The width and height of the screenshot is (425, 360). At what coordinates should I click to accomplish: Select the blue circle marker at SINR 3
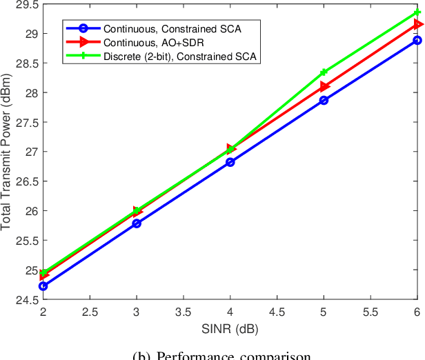click(x=137, y=223)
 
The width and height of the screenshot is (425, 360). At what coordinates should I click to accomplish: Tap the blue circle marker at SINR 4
click(x=230, y=162)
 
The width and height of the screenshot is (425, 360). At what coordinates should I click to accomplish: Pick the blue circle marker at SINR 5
click(x=324, y=100)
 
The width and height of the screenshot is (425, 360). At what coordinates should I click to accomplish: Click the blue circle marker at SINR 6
click(x=417, y=40)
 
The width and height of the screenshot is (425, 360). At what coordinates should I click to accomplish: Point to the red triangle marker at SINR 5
click(x=324, y=86)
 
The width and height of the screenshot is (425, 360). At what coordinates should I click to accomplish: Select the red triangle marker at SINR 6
click(x=417, y=24)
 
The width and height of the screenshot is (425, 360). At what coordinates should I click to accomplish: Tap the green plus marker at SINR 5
click(x=324, y=72)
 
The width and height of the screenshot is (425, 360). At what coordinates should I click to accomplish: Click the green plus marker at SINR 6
click(x=417, y=12)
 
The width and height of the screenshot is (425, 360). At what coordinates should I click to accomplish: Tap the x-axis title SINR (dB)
click(x=230, y=329)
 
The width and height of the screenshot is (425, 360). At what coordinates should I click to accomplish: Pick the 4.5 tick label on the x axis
click(x=277, y=312)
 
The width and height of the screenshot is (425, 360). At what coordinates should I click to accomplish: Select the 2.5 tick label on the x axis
click(x=90, y=312)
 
